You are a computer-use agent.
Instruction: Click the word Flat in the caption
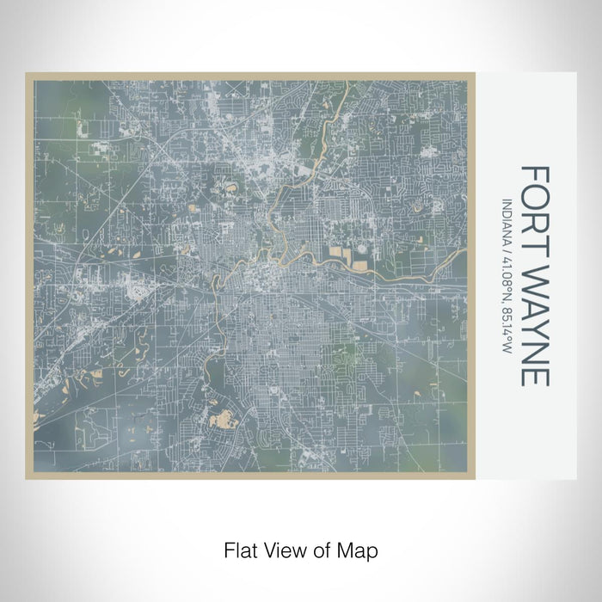tap(239, 549)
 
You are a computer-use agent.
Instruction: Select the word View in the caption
tap(283, 549)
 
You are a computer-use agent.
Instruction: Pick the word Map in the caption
tap(360, 549)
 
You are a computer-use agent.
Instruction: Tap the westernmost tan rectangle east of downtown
tap(335, 255)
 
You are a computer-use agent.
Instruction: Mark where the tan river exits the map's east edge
tap(464, 251)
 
